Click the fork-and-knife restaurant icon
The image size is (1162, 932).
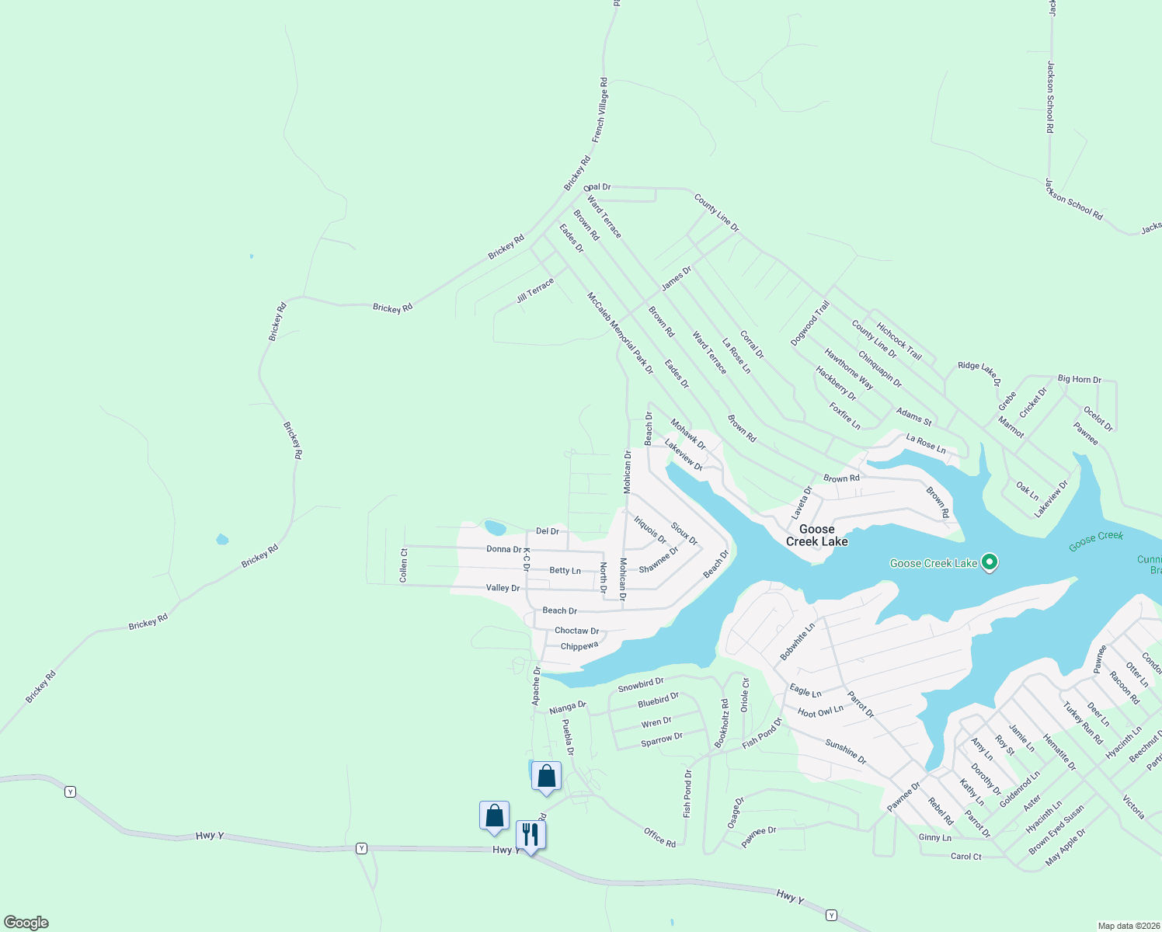click(531, 835)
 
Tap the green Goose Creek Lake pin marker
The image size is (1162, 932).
click(989, 562)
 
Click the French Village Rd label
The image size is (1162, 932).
click(600, 110)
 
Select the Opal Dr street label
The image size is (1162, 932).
click(597, 187)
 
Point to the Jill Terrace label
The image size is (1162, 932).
click(535, 290)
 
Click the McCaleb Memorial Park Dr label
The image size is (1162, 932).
click(620, 332)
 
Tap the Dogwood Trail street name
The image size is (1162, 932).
click(810, 323)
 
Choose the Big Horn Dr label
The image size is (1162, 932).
click(1079, 379)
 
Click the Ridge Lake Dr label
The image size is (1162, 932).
click(979, 370)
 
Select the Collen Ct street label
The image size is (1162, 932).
click(404, 565)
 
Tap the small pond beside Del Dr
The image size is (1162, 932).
click(495, 528)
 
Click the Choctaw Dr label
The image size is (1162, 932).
click(576, 631)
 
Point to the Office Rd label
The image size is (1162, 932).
click(659, 836)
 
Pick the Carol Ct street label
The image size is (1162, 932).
click(965, 857)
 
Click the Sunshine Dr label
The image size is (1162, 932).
click(846, 751)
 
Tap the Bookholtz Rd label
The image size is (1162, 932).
click(722, 724)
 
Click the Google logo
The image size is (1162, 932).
click(26, 922)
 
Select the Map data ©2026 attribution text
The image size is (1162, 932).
click(1127, 926)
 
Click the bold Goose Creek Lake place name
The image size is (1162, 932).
click(816, 535)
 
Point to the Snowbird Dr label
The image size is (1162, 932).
click(641, 684)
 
